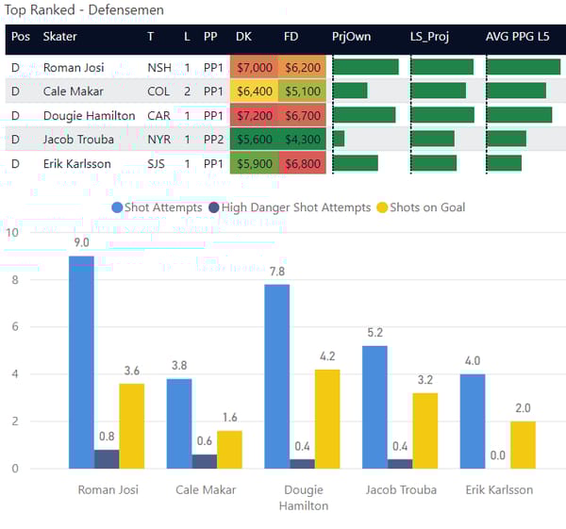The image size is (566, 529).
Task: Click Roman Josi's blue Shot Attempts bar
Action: (81, 362)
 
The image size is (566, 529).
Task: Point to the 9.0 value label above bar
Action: (81, 242)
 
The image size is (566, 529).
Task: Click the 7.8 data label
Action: (276, 272)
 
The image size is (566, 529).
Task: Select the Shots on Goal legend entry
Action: (420, 207)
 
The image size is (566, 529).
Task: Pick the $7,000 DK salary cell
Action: (254, 68)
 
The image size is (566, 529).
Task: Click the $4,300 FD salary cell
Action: (302, 140)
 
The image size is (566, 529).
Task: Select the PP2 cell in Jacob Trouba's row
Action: (210, 140)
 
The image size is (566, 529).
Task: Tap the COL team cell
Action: (158, 91)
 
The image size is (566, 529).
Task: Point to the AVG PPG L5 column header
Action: (522, 37)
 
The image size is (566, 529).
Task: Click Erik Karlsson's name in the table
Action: (76, 163)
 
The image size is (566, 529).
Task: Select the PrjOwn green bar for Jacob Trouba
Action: (338, 140)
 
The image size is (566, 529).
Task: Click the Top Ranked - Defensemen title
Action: (84, 10)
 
